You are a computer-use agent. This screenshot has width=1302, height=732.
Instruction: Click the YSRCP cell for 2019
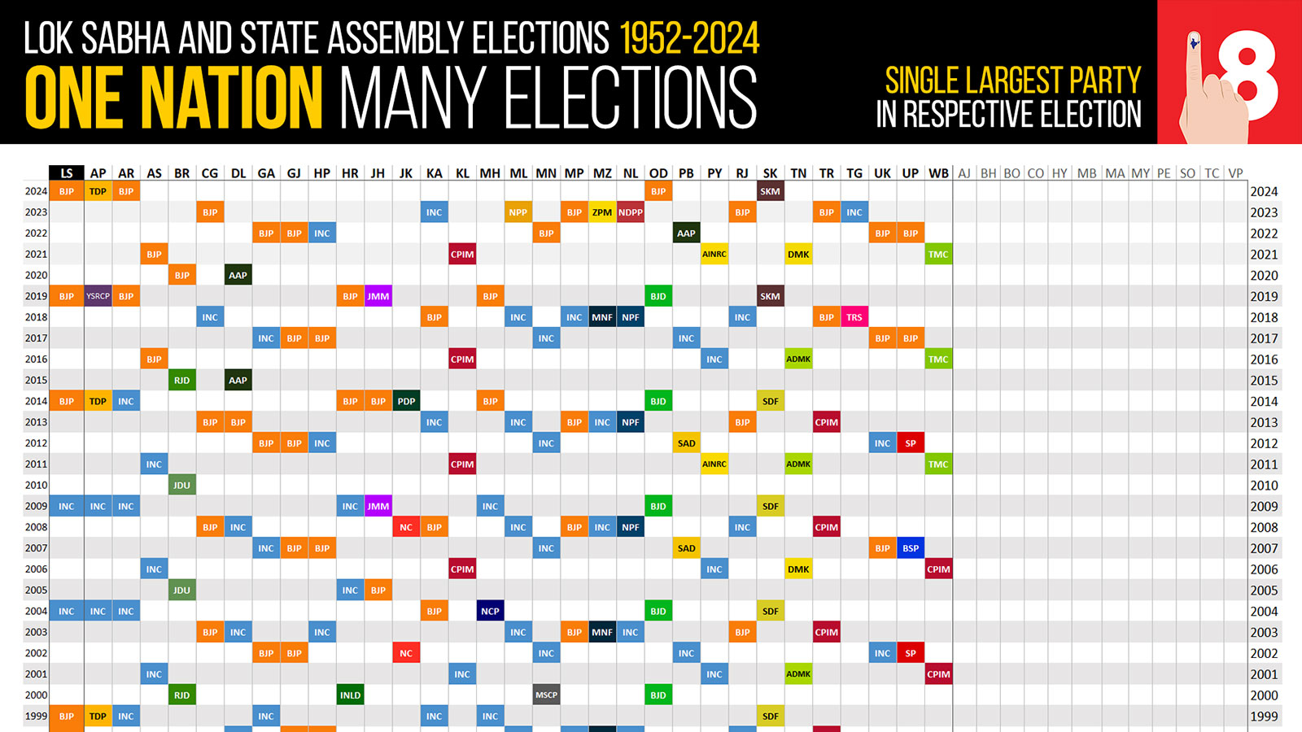point(98,296)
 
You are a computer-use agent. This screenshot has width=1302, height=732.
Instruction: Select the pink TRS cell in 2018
point(854,317)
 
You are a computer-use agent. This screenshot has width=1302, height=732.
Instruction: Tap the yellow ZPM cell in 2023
point(602,212)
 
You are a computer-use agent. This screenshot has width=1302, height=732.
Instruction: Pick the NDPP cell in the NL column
point(631,212)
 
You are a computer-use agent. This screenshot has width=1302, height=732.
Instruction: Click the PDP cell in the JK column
point(406,401)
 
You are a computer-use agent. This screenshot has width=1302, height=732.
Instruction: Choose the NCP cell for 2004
point(490,611)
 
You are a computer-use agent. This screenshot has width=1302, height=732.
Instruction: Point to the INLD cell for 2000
point(350,695)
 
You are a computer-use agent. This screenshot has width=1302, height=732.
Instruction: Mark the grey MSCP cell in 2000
point(546,695)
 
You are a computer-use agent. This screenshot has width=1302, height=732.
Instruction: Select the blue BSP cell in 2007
point(911,548)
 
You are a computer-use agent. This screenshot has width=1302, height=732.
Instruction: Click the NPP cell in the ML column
point(518,212)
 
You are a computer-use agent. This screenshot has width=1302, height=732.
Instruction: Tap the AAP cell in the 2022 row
point(686,233)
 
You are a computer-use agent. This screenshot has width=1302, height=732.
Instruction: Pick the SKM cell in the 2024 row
point(771,191)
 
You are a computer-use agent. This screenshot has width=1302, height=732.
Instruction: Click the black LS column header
point(67,173)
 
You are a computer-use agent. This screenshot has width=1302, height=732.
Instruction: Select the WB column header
point(938,173)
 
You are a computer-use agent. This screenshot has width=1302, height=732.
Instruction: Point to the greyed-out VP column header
point(1235,173)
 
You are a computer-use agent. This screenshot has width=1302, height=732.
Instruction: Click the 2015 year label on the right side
point(1264,381)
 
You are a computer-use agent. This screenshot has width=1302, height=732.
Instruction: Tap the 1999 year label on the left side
point(36,717)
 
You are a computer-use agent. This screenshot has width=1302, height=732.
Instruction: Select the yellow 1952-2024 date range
point(689,38)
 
